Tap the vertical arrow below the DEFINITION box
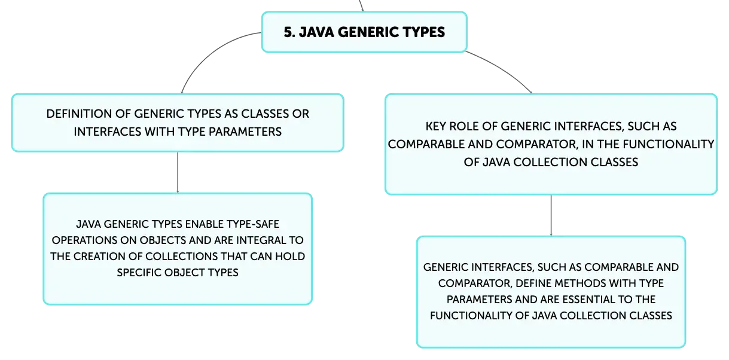click(x=178, y=172)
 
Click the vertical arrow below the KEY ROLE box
click(x=551, y=215)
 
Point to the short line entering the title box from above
click(x=361, y=5)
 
